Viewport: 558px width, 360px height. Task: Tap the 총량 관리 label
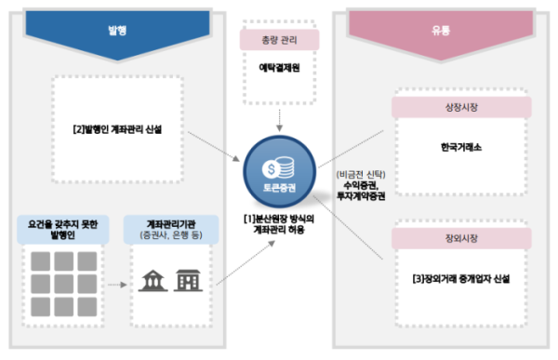tap(279, 40)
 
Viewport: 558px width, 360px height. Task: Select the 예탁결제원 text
tap(279, 68)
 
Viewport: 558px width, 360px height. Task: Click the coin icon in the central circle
tap(279, 168)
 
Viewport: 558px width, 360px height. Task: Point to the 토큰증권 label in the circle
tap(279, 192)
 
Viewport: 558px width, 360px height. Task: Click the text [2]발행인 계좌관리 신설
tap(125, 129)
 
